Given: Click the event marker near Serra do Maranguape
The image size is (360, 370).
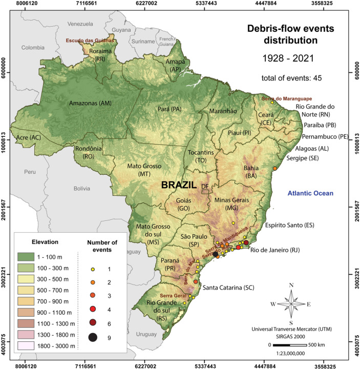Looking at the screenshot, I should [272, 102].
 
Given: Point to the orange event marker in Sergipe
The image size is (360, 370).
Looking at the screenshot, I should [275, 169].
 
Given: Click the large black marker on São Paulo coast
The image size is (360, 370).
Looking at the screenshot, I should [216, 254].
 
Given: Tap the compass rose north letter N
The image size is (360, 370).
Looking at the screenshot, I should [291, 285].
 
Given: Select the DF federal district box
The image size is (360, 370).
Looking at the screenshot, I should [205, 191].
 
